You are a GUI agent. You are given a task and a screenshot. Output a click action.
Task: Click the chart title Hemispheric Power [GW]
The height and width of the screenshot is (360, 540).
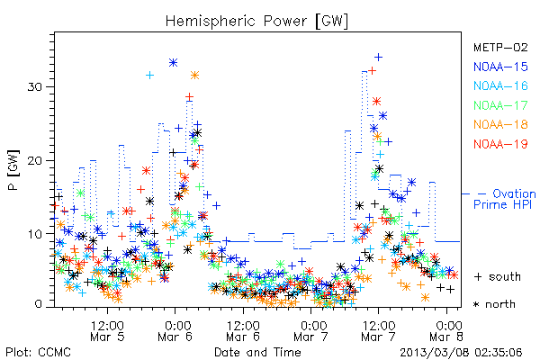[x=256, y=22]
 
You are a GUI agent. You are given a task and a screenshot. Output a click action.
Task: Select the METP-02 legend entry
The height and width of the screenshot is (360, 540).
[x=500, y=48]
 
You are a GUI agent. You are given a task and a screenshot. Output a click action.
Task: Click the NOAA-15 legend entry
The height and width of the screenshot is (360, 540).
[x=500, y=67]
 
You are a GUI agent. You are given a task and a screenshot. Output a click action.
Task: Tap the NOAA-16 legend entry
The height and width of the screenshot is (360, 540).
[x=500, y=85]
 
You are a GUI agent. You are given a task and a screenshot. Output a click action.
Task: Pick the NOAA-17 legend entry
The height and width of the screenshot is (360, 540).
[x=500, y=105]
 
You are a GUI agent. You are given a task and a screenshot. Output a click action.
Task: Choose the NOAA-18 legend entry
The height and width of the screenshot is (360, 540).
[x=500, y=124]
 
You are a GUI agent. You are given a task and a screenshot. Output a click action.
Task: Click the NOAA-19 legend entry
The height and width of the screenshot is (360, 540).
[x=500, y=144]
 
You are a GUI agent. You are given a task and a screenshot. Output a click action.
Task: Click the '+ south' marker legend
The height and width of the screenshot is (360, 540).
[x=498, y=276]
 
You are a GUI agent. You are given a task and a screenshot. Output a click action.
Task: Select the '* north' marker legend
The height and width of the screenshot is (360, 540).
[x=494, y=304]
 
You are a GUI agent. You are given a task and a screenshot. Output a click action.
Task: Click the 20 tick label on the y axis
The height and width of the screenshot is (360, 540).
[x=34, y=160]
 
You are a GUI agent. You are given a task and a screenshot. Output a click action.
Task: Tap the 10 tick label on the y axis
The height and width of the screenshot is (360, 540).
[x=34, y=234]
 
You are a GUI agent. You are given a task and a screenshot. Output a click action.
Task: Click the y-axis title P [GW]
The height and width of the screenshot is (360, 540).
[x=13, y=170]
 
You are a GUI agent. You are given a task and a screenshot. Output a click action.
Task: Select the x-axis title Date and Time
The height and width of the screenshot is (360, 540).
[x=257, y=353]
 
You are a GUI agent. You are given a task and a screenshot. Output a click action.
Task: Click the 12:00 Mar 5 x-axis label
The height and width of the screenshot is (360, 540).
[x=107, y=331]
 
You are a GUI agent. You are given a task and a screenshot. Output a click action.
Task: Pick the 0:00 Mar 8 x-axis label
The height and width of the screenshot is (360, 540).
[x=446, y=331]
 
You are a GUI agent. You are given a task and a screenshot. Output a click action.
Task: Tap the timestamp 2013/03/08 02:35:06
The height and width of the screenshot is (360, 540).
[x=461, y=353]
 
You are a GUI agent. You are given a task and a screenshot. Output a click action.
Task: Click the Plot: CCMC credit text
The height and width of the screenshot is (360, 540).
[x=38, y=353]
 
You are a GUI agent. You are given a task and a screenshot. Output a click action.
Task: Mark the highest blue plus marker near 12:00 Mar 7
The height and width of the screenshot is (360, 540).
[x=379, y=58]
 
